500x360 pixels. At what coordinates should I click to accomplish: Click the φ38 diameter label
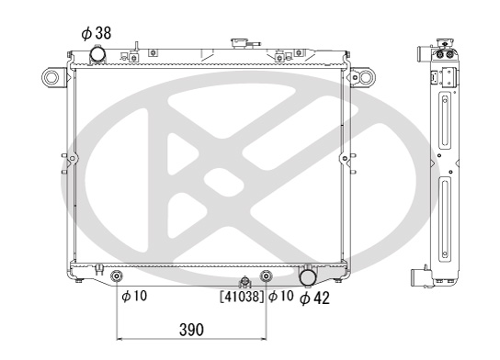point(97,33)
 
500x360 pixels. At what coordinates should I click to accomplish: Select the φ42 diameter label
point(314,298)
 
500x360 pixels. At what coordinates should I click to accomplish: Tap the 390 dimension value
point(191,330)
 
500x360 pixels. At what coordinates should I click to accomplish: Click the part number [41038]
point(242,297)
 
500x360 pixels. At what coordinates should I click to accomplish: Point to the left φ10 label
point(134,296)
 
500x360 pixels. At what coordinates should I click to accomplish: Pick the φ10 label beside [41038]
point(281,296)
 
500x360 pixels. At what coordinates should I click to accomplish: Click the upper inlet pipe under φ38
point(97,55)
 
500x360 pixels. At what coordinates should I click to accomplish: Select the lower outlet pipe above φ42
point(308,276)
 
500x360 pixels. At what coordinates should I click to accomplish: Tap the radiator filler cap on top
point(239,43)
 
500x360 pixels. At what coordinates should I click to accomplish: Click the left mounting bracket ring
point(51,77)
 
